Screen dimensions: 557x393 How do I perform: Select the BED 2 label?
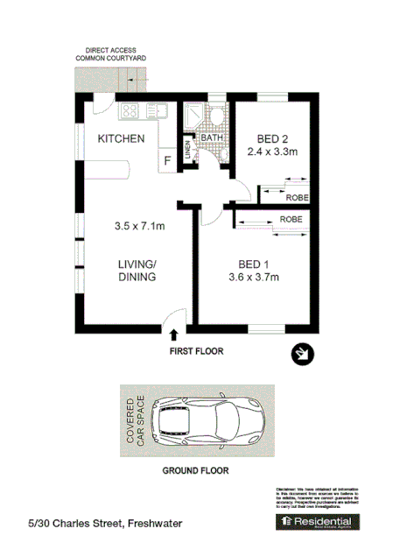click(272, 138)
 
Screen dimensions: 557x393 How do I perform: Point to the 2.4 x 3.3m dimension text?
click(274, 152)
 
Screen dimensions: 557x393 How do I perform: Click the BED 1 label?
click(254, 265)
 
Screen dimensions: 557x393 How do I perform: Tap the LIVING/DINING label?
click(137, 271)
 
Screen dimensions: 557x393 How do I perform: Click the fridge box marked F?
click(166, 161)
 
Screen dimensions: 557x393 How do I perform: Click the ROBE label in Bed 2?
click(296, 198)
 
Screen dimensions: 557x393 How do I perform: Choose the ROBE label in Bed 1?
click(291, 219)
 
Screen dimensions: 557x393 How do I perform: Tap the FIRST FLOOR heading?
click(197, 352)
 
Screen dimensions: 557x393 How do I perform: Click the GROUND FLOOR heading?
click(196, 470)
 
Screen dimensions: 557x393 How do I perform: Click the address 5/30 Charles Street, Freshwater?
click(105, 523)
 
